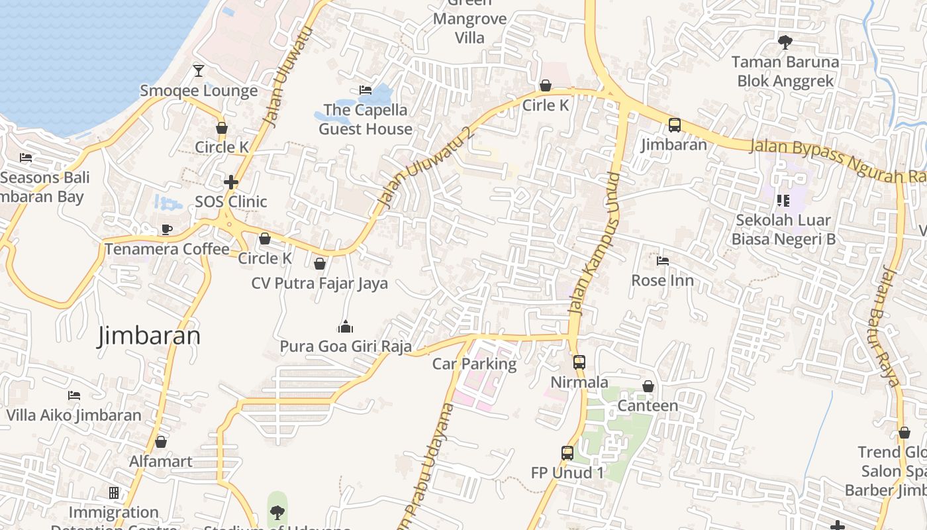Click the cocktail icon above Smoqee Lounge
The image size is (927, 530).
pos(198,70)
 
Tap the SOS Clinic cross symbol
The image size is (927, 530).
pos(230,182)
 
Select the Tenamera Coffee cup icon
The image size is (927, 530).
pos(167,229)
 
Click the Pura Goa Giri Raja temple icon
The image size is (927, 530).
pos(345,327)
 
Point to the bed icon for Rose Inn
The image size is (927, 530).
pos(662,260)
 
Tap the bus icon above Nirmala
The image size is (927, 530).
pos(579,362)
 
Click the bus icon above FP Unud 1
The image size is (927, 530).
pos(567,453)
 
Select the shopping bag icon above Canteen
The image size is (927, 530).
pos(648,386)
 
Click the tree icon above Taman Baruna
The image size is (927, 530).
pos(785,42)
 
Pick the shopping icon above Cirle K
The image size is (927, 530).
pos(546,85)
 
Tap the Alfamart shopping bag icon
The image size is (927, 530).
pos(161,441)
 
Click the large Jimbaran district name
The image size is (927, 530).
pos(149,336)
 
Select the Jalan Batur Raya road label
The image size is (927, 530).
pos(892,325)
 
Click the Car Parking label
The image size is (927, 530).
pos(474,364)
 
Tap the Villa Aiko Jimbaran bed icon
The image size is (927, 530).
pos(74,396)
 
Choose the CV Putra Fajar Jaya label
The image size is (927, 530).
pos(319,284)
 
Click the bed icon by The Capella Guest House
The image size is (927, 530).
pos(365,90)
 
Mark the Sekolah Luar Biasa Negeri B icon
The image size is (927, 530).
pos(783,200)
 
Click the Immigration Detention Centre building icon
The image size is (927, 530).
pos(114,493)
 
